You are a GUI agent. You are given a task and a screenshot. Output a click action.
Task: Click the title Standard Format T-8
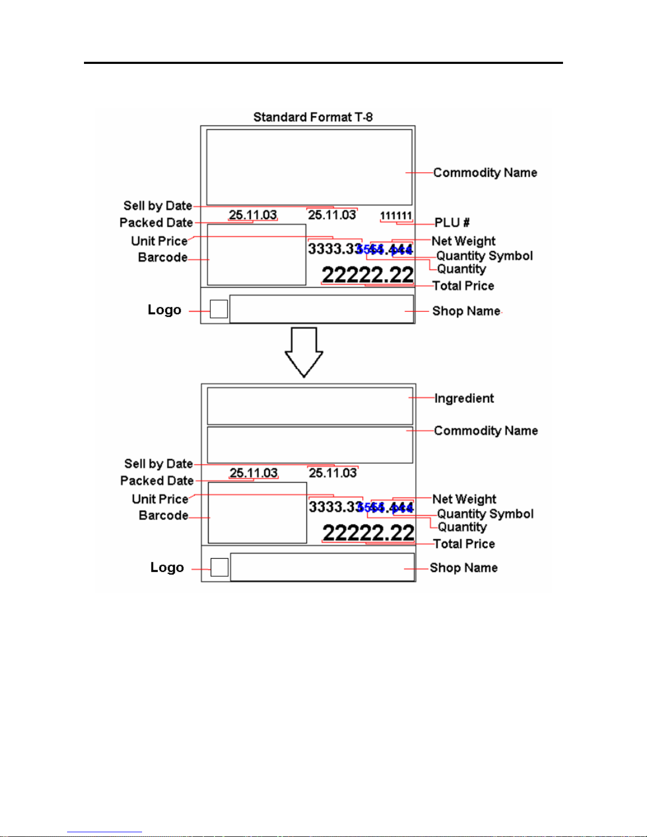click(313, 117)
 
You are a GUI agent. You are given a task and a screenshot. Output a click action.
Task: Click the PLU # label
click(452, 222)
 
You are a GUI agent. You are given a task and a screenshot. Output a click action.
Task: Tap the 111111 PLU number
click(396, 215)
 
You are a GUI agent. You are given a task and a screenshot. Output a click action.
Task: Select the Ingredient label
click(464, 398)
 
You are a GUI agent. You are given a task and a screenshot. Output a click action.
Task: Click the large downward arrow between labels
click(304, 352)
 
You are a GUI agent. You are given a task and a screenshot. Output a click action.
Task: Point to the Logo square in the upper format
click(219, 309)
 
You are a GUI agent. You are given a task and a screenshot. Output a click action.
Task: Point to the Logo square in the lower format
click(220, 567)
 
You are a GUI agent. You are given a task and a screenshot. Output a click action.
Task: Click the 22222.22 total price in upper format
click(368, 275)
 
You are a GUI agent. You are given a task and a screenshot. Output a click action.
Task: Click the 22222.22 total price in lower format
click(368, 533)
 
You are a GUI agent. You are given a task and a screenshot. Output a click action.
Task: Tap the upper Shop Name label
click(466, 311)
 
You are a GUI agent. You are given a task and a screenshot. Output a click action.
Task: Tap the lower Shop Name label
click(464, 568)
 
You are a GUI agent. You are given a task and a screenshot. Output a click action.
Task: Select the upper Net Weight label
click(463, 241)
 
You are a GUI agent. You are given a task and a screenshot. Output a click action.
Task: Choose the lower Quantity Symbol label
click(485, 514)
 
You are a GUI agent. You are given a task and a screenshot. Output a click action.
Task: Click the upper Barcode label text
click(163, 257)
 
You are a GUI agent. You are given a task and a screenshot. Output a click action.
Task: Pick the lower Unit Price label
click(160, 499)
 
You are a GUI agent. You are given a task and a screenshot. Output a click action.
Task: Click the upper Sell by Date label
click(157, 205)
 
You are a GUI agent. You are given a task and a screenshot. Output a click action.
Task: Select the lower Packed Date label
click(157, 481)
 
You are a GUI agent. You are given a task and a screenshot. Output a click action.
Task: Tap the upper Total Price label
click(463, 286)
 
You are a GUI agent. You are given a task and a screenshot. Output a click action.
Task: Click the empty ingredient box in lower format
click(310, 406)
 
